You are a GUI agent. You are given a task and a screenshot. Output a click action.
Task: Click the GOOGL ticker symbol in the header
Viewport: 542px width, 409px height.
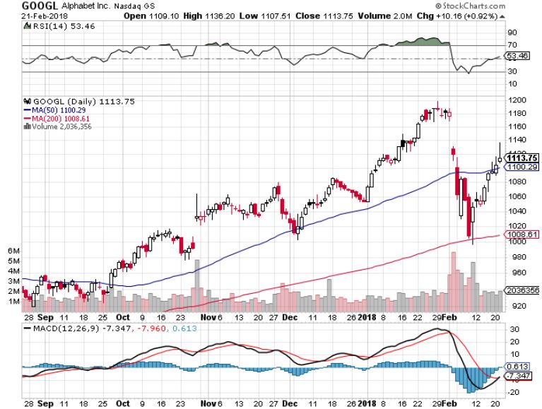tap(17, 5)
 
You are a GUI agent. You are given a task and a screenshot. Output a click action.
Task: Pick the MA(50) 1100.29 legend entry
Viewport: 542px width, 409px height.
tap(54, 110)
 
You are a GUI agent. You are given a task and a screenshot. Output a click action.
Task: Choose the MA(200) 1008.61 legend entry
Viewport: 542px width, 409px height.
tap(57, 118)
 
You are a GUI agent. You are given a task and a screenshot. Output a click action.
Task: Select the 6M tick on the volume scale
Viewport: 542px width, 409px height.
tap(13, 251)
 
